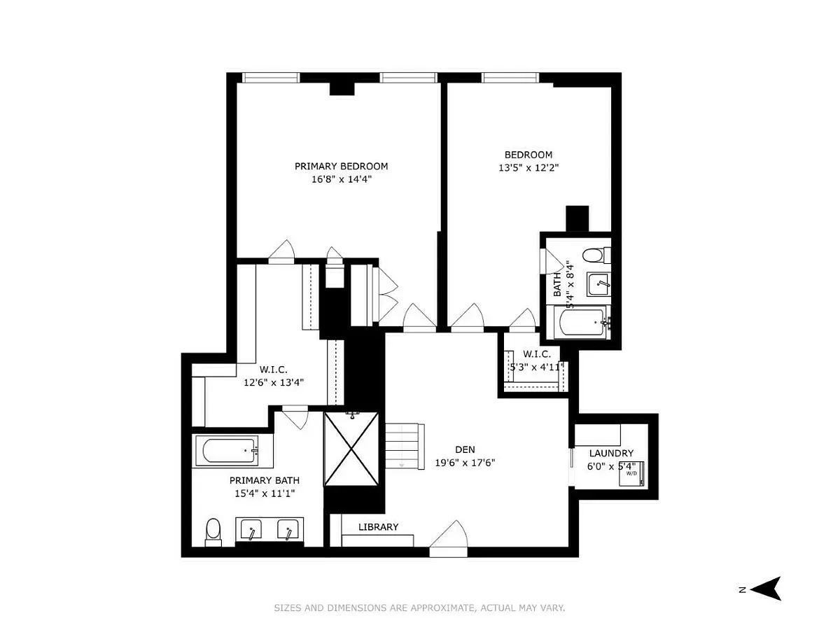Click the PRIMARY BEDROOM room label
pos(341,167)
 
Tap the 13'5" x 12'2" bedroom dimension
pos(528,168)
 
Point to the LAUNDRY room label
pos(611,454)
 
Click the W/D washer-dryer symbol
pos(632,474)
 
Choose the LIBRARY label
pos(378,527)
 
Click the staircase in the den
pos(404,445)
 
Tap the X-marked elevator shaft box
pos(351,449)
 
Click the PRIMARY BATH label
pos(265,480)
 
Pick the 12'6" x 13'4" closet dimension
pos(274,382)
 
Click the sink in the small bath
pos(598,286)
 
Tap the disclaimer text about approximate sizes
pos(419,608)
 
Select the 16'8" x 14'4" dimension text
pos(341,179)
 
